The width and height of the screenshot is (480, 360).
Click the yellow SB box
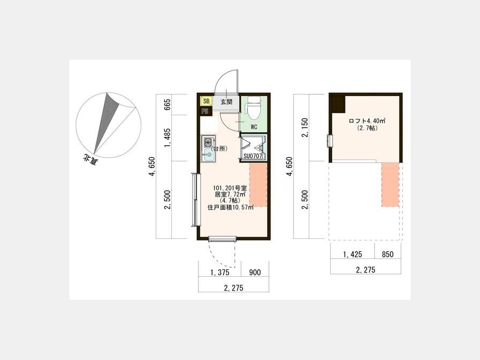[206, 101]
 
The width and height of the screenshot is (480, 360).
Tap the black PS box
[205, 111]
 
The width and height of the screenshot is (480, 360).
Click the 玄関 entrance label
[226, 102]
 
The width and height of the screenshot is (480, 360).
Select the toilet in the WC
[253, 108]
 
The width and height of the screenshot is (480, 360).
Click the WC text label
[254, 127]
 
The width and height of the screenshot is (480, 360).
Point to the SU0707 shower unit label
[253, 156]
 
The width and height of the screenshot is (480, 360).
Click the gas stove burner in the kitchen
[208, 142]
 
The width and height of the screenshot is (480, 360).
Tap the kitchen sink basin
[209, 156]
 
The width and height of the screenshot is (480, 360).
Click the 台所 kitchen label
[219, 149]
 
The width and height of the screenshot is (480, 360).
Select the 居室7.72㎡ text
[230, 194]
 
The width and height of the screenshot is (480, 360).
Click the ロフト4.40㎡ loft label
[367, 121]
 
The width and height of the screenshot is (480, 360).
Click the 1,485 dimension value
[167, 138]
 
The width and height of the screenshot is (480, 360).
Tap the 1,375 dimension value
[219, 273]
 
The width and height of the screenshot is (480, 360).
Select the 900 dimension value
[255, 273]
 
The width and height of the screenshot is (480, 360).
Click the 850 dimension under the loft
[388, 254]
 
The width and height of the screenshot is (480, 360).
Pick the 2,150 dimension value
[305, 127]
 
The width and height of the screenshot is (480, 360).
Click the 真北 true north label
[90, 160]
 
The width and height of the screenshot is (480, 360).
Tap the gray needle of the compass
[107, 122]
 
